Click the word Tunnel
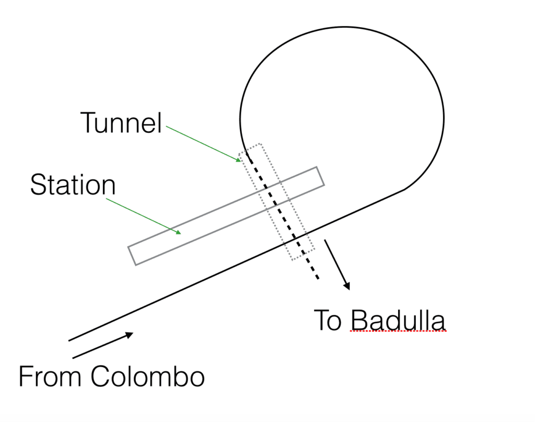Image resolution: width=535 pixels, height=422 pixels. pos(121,123)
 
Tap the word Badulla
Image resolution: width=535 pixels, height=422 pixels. pos(398,320)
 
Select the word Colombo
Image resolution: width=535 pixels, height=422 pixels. pos(147,377)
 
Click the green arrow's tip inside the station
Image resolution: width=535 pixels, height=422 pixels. pos(180,233)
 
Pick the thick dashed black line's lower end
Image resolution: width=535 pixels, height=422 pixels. pos(317,278)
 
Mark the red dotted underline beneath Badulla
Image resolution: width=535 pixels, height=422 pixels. pos(398,331)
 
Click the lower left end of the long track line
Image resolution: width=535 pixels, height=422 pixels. pos(69,341)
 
